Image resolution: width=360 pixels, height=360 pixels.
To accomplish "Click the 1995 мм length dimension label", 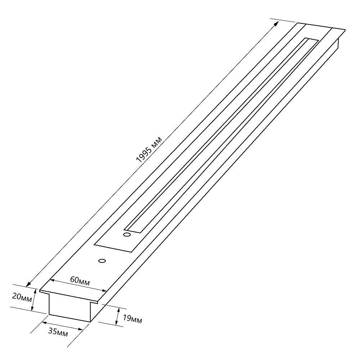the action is [149, 150].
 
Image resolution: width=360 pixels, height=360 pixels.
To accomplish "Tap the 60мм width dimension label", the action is [80, 281].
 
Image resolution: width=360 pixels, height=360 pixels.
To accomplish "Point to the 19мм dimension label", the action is [132, 319].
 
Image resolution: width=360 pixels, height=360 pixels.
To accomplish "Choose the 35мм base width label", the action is [58, 332].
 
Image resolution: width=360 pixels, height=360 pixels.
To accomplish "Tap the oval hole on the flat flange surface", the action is [102, 261].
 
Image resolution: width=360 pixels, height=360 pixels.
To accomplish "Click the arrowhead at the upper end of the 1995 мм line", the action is [276, 23].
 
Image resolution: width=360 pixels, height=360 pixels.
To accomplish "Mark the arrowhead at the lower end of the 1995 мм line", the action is [29, 284].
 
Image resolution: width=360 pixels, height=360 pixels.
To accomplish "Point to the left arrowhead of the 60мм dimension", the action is [53, 280].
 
